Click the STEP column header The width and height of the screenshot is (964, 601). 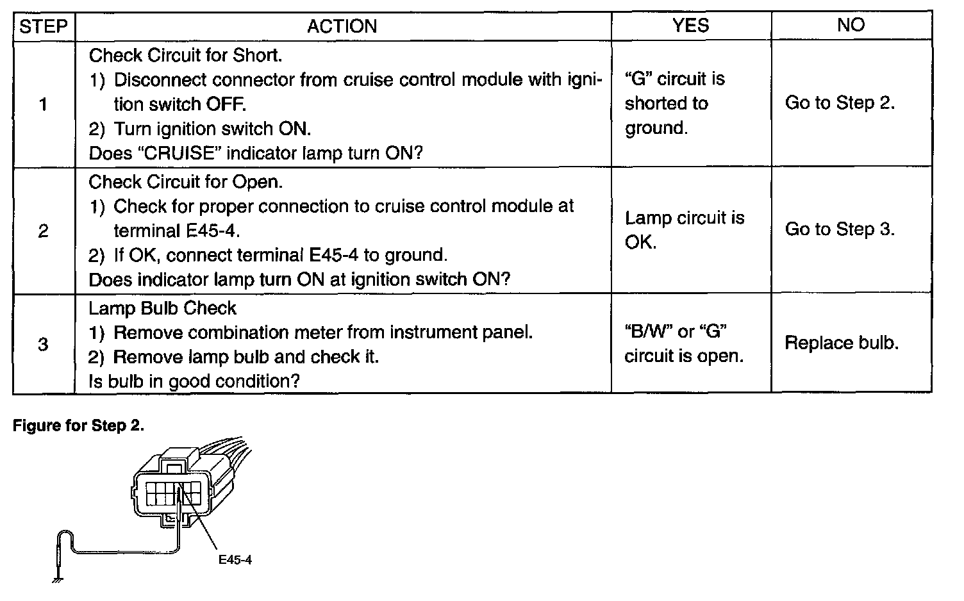[44, 26]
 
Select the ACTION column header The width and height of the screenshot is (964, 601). [342, 26]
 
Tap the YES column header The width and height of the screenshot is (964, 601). [690, 25]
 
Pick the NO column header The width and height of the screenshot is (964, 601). [851, 25]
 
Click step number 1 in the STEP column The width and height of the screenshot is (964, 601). [43, 104]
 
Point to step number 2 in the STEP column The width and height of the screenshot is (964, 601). [43, 231]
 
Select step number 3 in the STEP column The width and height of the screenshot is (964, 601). [43, 344]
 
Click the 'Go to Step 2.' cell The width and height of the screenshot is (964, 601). [840, 103]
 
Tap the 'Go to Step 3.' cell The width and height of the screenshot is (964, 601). [840, 229]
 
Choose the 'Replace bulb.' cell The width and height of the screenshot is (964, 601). [842, 343]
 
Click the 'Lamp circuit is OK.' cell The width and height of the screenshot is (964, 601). [685, 230]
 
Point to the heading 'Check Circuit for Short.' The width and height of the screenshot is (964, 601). [185, 56]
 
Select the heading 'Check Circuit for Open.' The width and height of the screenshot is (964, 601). [185, 182]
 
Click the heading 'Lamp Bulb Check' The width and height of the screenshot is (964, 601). [162, 308]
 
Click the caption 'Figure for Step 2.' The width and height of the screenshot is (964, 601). [78, 426]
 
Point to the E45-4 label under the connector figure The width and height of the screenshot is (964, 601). [235, 559]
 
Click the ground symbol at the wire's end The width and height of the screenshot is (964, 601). [58, 580]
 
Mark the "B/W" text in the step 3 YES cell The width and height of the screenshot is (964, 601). [647, 332]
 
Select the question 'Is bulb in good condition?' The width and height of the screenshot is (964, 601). [194, 382]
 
